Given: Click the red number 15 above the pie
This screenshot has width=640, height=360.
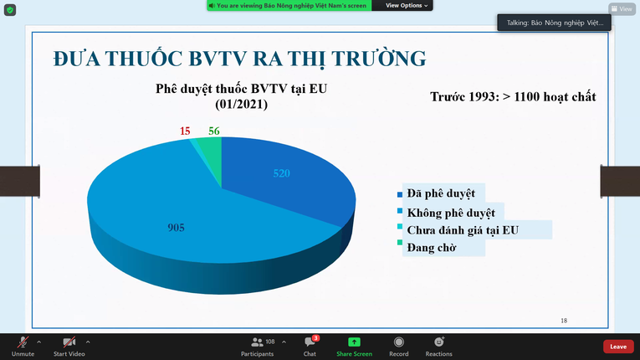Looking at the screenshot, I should click(x=185, y=131).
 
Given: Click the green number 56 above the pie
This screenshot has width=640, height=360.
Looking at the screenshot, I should click(x=214, y=131).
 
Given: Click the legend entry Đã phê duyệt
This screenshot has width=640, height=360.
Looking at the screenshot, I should click(x=440, y=194).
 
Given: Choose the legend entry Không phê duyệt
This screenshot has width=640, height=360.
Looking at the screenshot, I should click(x=450, y=213).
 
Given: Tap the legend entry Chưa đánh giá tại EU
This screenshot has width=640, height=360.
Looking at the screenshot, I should click(x=463, y=230).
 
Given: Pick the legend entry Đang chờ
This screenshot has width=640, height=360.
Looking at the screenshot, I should click(x=431, y=248).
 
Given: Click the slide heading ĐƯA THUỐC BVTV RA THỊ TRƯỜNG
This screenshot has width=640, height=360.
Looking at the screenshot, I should click(x=238, y=59).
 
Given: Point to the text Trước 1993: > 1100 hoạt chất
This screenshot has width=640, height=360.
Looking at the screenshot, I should click(x=513, y=97).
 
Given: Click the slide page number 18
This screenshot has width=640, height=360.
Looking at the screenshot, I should click(x=563, y=321).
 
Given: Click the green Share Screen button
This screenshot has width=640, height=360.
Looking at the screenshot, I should click(x=354, y=347).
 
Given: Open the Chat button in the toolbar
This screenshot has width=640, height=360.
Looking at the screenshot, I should click(x=310, y=347).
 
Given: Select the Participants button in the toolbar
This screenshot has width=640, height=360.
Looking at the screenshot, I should click(x=257, y=347).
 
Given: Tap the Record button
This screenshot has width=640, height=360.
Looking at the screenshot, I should click(x=398, y=347).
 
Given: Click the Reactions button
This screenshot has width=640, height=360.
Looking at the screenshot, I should click(x=438, y=347).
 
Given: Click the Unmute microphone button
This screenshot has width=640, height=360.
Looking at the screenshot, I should click(x=23, y=347).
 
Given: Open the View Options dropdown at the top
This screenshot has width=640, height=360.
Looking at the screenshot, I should click(x=407, y=5).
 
